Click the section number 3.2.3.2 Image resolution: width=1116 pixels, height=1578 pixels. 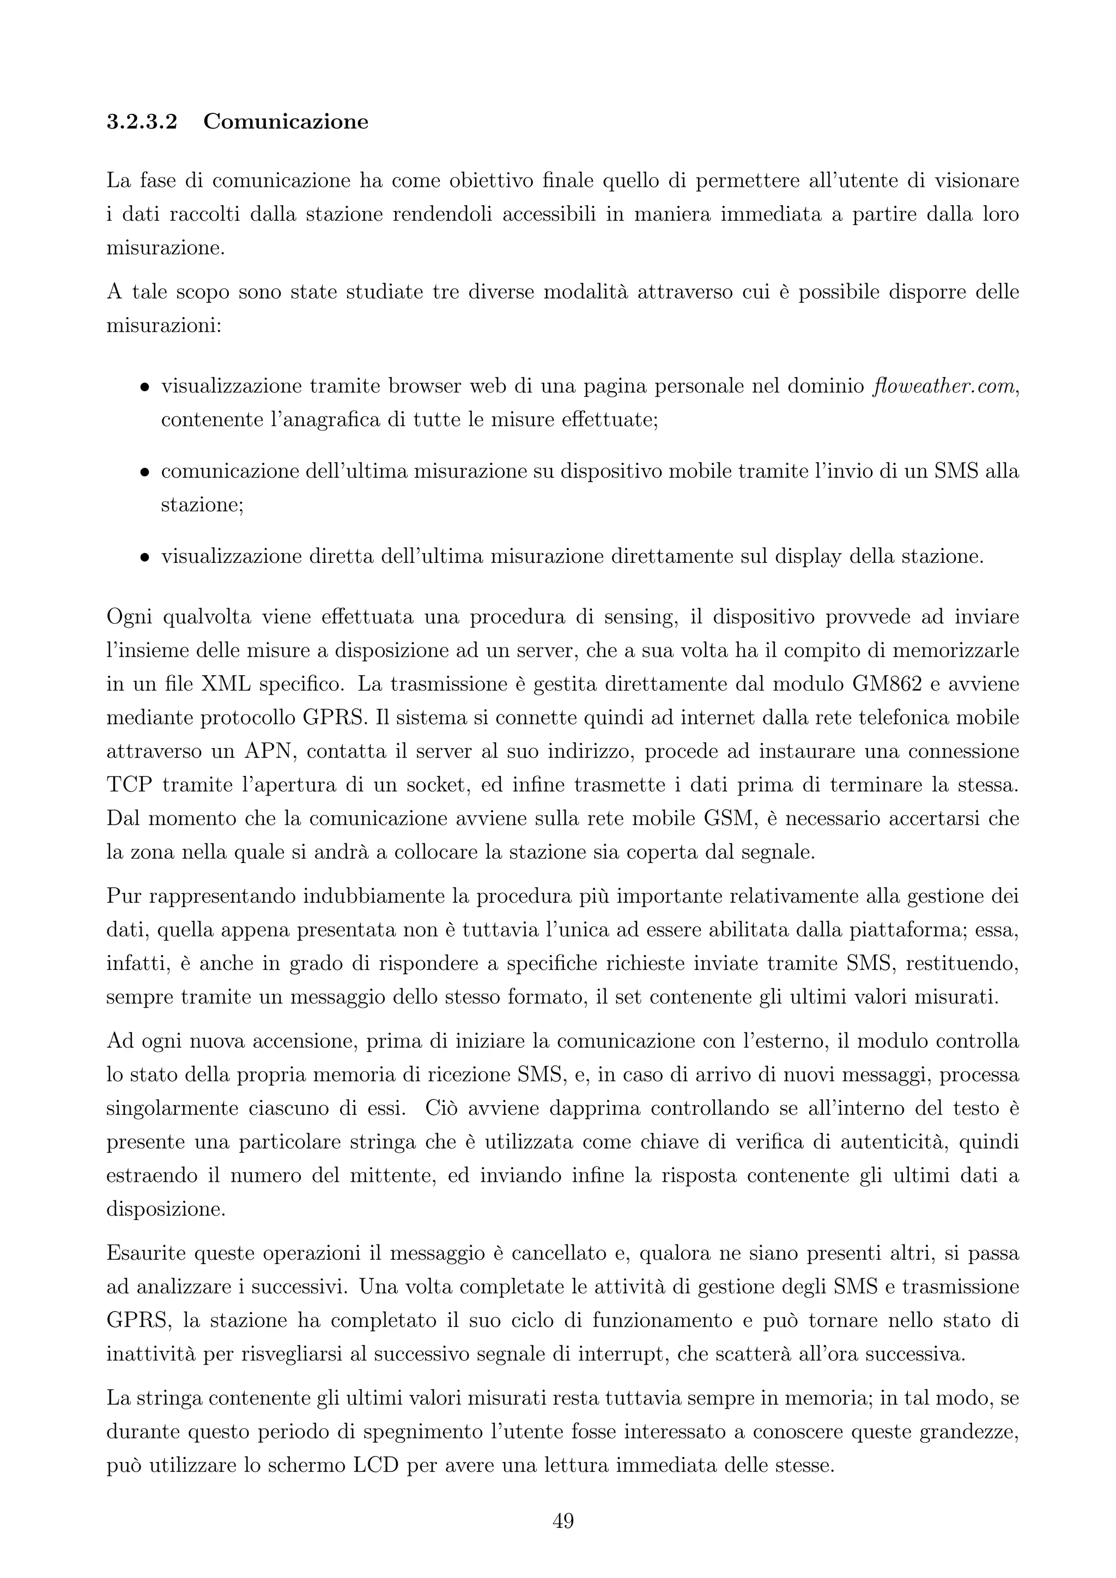pyautogui.click(x=142, y=123)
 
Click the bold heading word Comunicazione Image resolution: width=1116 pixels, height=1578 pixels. pyautogui.click(x=286, y=123)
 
